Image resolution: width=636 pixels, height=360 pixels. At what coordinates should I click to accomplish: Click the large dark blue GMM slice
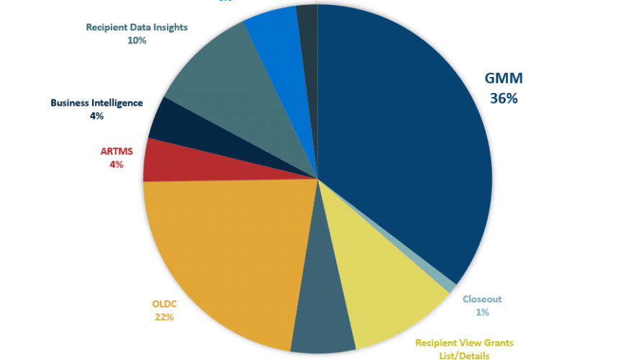[403, 144]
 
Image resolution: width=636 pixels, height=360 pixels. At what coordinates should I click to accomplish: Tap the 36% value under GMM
[503, 99]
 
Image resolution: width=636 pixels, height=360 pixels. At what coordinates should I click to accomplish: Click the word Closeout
[482, 299]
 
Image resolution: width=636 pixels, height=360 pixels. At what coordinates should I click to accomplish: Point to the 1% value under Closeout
[482, 312]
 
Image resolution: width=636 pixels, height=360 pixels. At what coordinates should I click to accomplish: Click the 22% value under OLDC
[164, 317]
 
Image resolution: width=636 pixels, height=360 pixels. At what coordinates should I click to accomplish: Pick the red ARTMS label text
[116, 152]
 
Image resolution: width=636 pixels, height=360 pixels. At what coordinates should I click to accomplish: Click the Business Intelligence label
[96, 103]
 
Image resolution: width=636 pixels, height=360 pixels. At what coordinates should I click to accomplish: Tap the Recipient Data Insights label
[137, 27]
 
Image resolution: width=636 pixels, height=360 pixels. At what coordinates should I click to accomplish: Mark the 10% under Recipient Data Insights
[137, 40]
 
